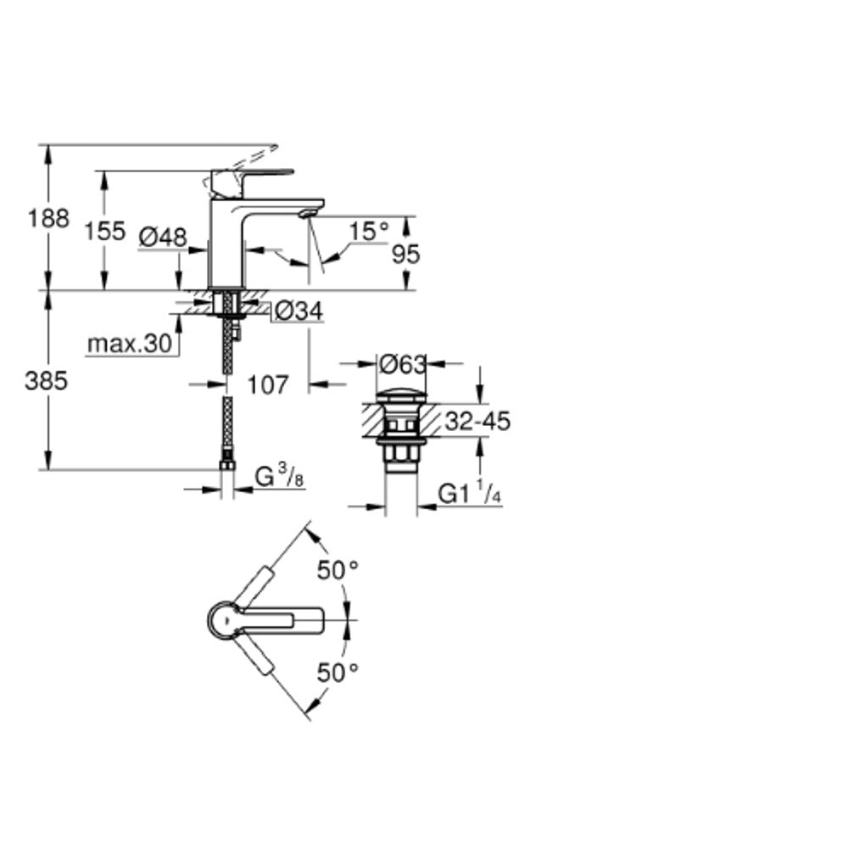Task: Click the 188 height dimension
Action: [x=49, y=219]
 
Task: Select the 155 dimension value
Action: [x=105, y=231]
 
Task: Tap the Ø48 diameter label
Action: [x=163, y=238]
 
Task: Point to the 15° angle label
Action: [x=369, y=232]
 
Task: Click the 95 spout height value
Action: [x=406, y=254]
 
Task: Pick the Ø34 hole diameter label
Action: [x=298, y=311]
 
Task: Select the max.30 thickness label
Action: [x=130, y=344]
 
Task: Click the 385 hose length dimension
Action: [x=46, y=381]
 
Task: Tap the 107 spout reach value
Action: [x=268, y=385]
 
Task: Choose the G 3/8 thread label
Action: [x=279, y=477]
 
